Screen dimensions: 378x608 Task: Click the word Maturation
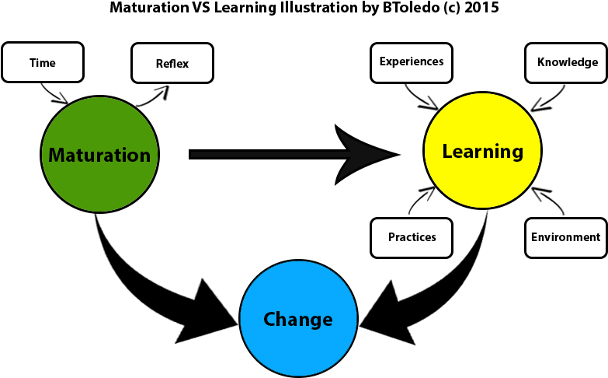click(99, 156)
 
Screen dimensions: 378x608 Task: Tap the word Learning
click(482, 152)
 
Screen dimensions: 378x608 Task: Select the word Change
click(298, 319)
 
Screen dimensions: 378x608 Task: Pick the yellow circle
click(482, 183)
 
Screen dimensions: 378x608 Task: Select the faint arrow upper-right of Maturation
click(157, 95)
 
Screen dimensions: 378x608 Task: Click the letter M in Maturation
click(56, 156)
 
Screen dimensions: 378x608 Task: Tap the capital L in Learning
click(446, 152)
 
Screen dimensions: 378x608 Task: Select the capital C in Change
click(269, 319)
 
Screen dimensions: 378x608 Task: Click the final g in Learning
click(518, 153)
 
